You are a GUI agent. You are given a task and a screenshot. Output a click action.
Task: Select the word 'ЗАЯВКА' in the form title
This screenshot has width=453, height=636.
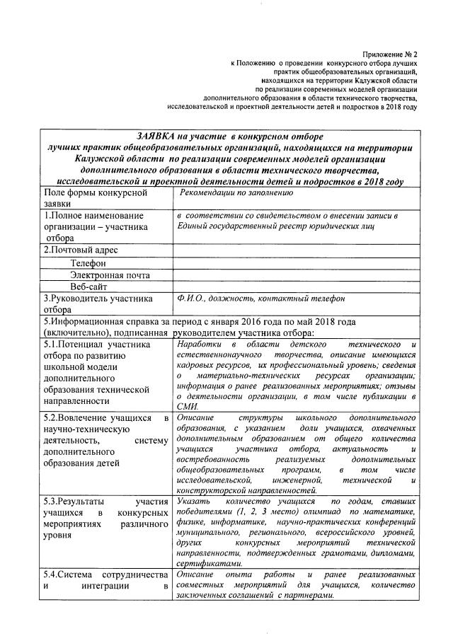point(159,135)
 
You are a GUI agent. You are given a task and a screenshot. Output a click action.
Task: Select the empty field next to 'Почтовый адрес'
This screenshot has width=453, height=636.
point(296,250)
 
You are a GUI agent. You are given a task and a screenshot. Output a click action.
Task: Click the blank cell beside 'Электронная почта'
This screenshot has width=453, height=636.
point(296,274)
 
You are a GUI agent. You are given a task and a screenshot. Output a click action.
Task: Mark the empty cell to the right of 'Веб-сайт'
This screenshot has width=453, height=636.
point(296,287)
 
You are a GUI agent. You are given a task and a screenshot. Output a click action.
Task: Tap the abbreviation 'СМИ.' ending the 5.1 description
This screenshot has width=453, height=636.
point(188,406)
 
